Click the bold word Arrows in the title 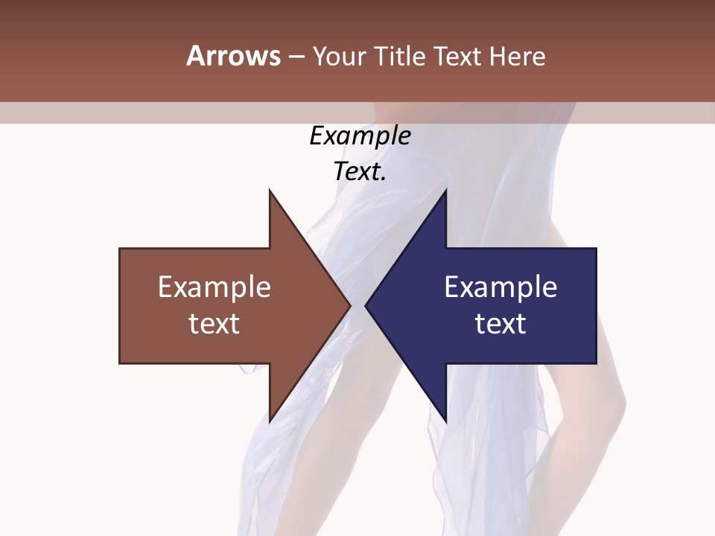[233, 56]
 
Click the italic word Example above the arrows [360, 136]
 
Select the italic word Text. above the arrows [360, 172]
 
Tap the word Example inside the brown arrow [214, 287]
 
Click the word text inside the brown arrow [214, 324]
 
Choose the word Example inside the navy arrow [500, 287]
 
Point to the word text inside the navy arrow [500, 324]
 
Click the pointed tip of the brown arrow [349, 305]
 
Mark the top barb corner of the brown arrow [270, 191]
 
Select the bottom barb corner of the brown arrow [270, 421]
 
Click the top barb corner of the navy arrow [445, 191]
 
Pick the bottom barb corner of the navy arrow [445, 421]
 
